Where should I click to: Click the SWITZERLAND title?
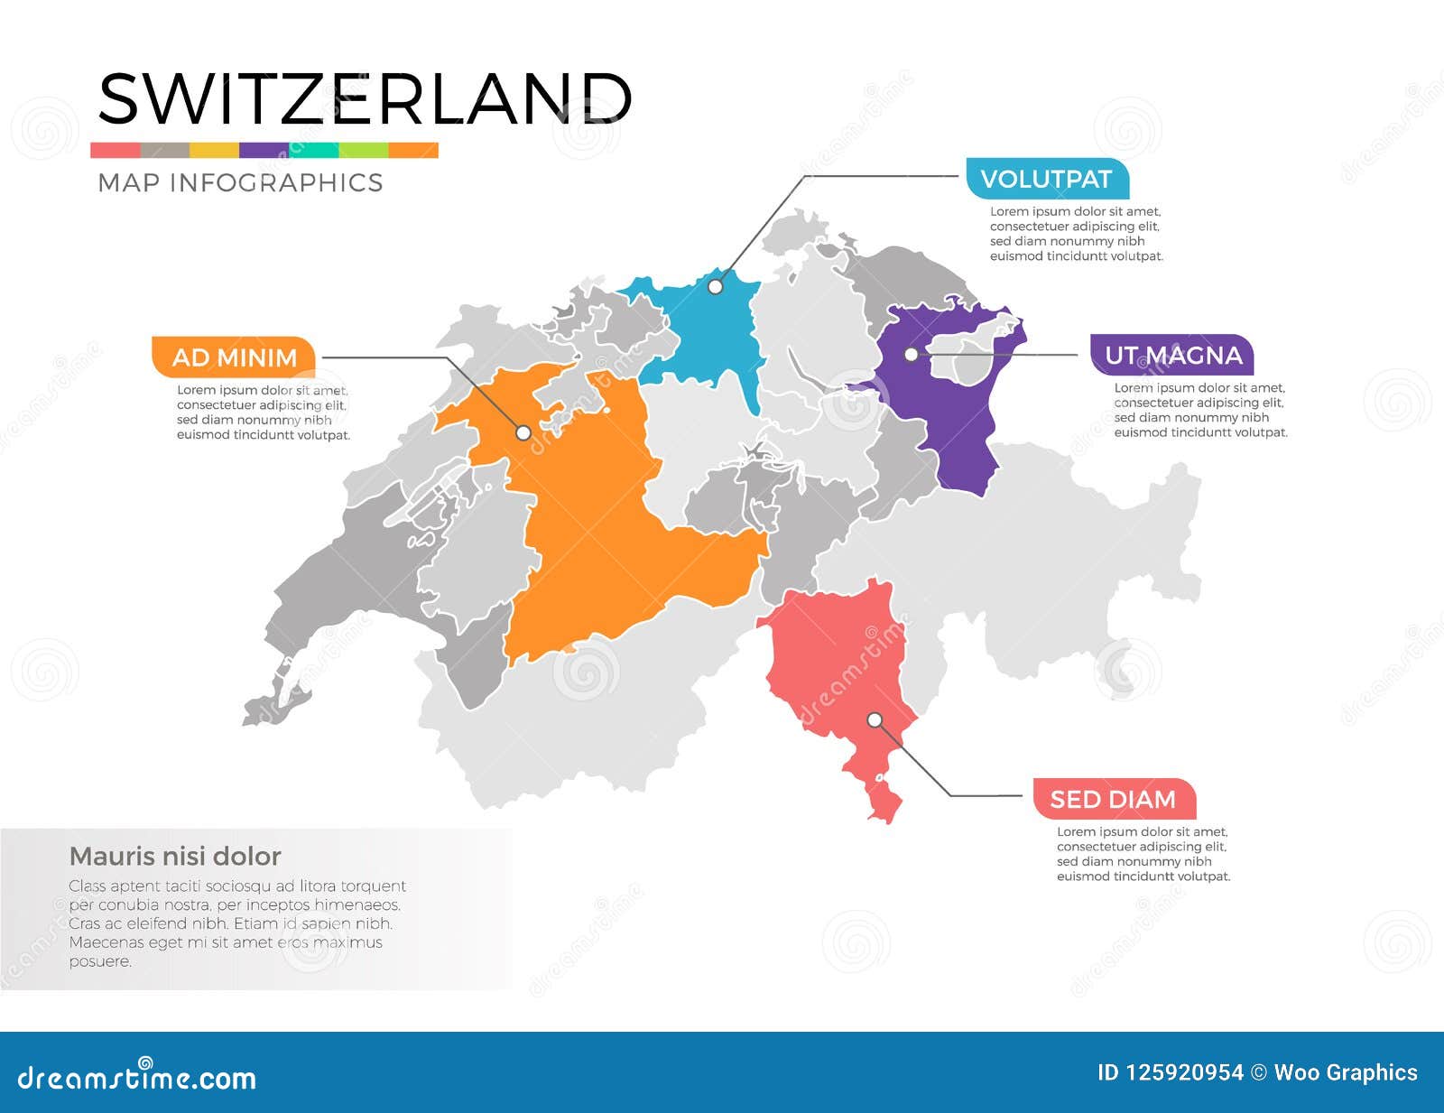pos(364,98)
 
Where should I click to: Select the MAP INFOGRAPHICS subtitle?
pos(240,183)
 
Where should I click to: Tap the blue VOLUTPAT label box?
pos(1046,179)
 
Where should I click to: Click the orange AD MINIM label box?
pos(234,357)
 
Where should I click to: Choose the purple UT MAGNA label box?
pos(1173,356)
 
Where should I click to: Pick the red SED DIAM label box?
pos(1113,800)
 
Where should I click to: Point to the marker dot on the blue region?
pos(715,287)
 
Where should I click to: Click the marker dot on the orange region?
pos(523,433)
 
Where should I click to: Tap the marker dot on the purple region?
pos(912,355)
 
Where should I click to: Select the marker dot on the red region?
pos(875,719)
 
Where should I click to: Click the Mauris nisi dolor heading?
pos(175,856)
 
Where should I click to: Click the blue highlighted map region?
pos(713,334)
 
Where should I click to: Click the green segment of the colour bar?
pos(364,150)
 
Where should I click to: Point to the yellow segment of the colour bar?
pos(214,150)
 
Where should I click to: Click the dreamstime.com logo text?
pos(137,1077)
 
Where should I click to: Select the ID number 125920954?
pos(1170,1072)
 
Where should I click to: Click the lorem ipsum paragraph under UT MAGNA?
pos(1199,411)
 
